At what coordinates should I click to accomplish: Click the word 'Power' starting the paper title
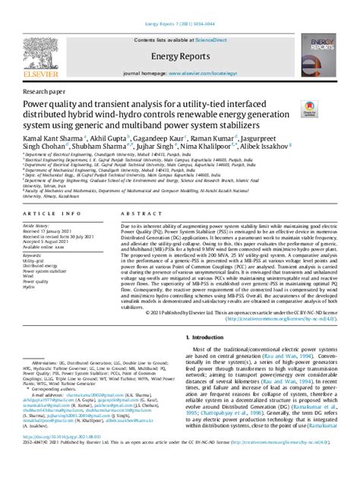(x=36, y=103)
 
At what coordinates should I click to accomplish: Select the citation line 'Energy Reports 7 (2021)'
(x=179, y=6)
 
